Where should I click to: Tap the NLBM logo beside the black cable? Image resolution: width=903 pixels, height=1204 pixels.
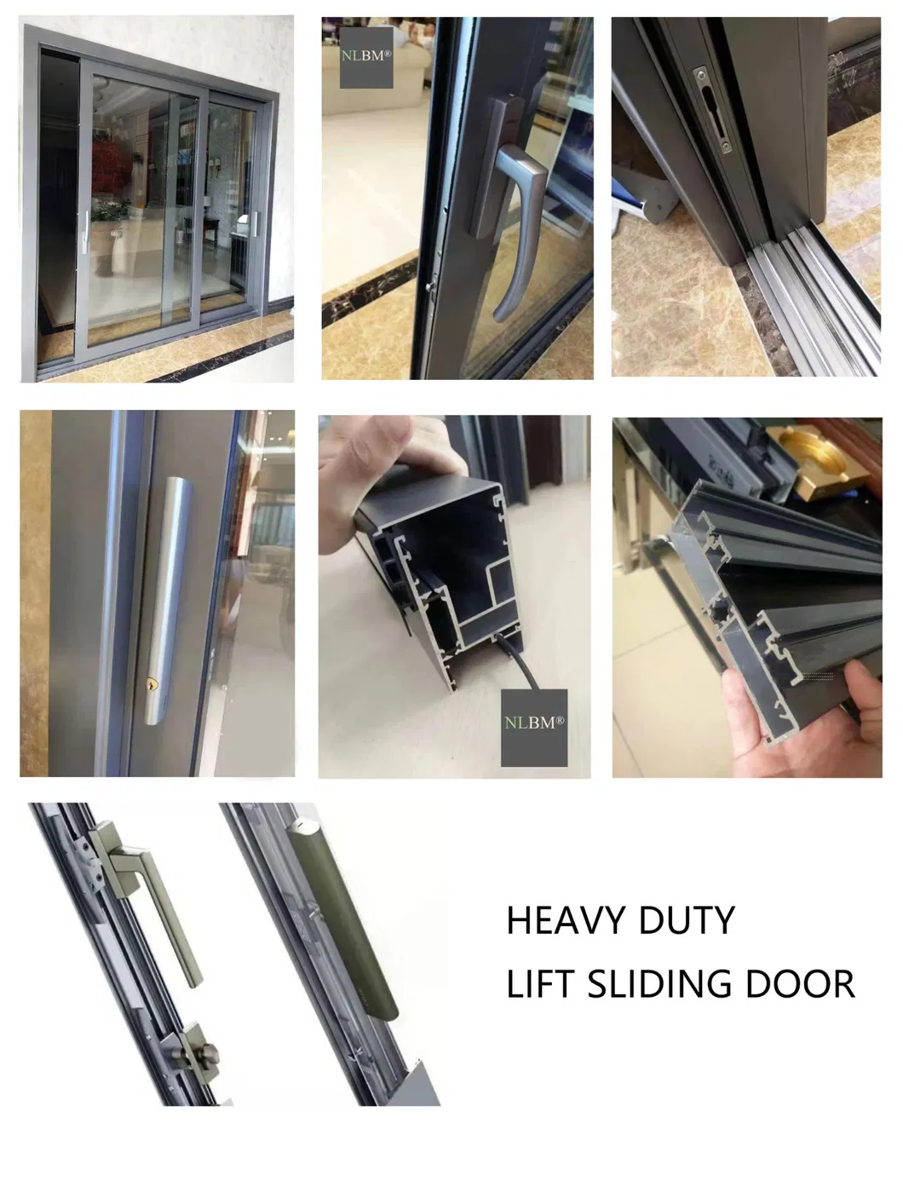point(533,723)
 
